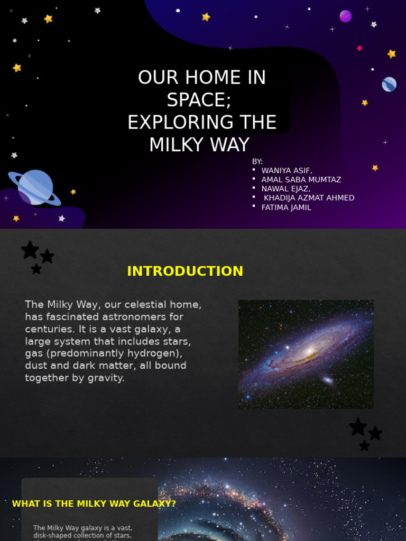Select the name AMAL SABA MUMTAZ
301,180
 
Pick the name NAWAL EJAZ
286,189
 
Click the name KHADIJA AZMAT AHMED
309,198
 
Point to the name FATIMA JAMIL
287,208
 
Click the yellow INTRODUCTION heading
185,271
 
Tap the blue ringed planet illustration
35,188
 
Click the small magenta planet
345,16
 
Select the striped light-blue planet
389,84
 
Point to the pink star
359,48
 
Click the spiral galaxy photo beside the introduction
306,354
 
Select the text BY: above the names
257,161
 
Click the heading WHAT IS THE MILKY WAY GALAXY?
94,503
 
